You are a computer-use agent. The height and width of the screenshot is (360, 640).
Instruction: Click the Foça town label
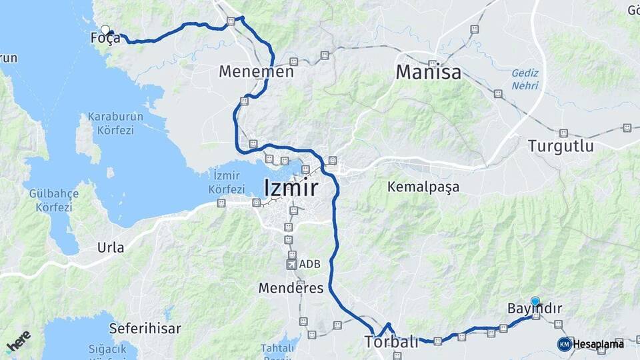click(105, 39)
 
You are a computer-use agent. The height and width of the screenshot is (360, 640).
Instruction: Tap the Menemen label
click(256, 71)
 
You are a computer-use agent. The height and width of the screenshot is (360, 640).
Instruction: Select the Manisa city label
click(428, 71)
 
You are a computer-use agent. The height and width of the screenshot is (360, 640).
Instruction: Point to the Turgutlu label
click(560, 145)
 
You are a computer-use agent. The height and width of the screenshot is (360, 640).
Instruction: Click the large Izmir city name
click(291, 188)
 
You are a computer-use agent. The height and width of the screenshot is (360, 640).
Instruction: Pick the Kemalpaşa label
click(423, 187)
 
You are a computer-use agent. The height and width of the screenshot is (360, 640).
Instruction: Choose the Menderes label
click(291, 288)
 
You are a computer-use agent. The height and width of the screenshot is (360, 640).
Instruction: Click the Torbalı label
click(391, 342)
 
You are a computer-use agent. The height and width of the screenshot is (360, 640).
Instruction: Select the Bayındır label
click(535, 309)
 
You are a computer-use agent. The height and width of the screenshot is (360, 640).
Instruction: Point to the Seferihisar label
click(135, 328)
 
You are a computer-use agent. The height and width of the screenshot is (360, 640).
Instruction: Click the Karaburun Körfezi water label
click(115, 123)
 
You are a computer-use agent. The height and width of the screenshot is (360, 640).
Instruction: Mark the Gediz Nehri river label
click(525, 79)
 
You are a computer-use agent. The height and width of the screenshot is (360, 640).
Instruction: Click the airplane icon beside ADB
click(291, 264)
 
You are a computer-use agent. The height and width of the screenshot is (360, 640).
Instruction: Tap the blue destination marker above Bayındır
click(535, 301)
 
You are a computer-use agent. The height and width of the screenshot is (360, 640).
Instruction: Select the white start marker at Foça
click(105, 29)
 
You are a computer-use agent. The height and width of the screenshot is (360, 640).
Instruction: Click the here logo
click(18, 341)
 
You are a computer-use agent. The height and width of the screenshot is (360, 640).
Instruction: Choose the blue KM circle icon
click(564, 344)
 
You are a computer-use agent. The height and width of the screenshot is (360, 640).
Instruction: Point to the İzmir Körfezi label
click(227, 182)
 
